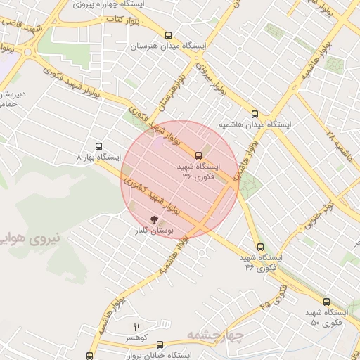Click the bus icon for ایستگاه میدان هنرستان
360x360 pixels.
[x=167, y=34]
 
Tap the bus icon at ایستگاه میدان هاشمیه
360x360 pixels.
[x=255, y=113]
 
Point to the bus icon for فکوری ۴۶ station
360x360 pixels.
[x=260, y=247]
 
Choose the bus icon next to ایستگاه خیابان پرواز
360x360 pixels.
[x=160, y=345]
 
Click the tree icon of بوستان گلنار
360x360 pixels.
[x=155, y=219]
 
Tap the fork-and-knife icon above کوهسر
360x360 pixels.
[x=137, y=327]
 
